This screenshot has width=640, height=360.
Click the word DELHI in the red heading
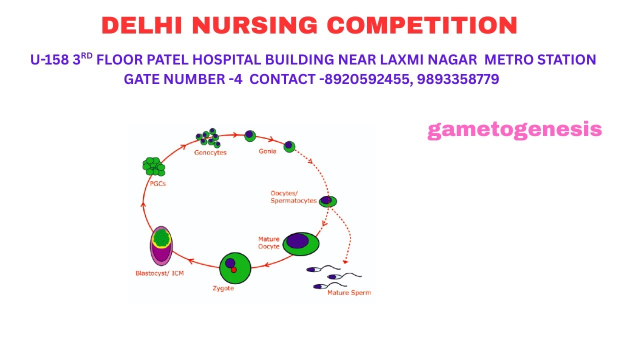[x=141, y=25]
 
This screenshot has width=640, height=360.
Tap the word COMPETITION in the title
[x=422, y=25]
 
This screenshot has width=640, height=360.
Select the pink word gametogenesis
[x=515, y=130]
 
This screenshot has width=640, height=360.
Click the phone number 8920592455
[x=367, y=79]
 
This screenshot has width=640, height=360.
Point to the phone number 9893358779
[x=458, y=79]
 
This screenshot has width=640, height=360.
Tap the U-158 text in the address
[x=49, y=59]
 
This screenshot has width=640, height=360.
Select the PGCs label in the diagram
[x=157, y=183]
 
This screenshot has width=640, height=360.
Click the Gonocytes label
[x=210, y=153]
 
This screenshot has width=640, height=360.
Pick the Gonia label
[x=267, y=151]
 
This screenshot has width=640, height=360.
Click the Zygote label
[x=223, y=288]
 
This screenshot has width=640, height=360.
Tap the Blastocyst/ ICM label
[x=159, y=273]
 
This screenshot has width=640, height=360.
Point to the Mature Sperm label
[x=349, y=292]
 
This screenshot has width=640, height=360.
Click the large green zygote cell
[x=235, y=268]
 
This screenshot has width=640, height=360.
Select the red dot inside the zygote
[x=233, y=269]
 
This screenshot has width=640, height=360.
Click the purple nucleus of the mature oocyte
[x=297, y=241]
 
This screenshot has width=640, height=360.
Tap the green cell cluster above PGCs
[x=153, y=166]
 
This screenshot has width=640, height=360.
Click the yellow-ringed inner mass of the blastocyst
[x=161, y=237]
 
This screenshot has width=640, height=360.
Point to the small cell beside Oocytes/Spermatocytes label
[x=327, y=201]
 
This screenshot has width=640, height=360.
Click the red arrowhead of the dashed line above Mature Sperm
[x=345, y=261]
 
